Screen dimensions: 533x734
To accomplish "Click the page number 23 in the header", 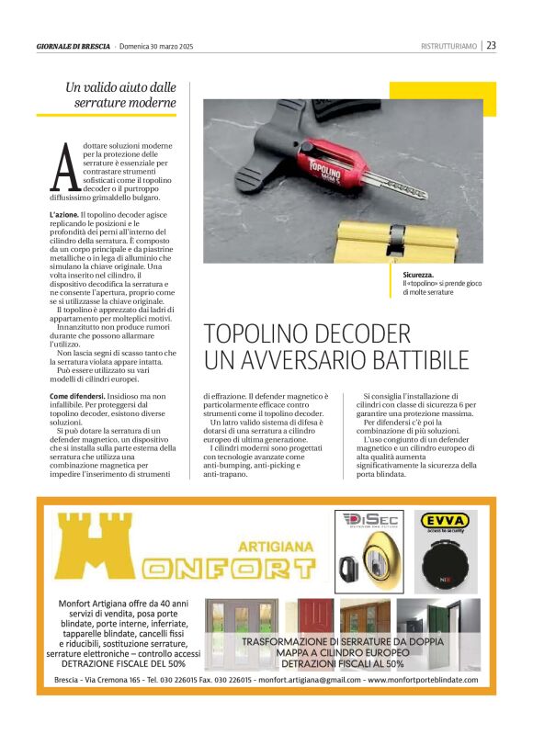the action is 492,45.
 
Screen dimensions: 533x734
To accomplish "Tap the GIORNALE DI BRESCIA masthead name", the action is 74,46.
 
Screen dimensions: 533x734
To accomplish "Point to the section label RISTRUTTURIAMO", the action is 448,46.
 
